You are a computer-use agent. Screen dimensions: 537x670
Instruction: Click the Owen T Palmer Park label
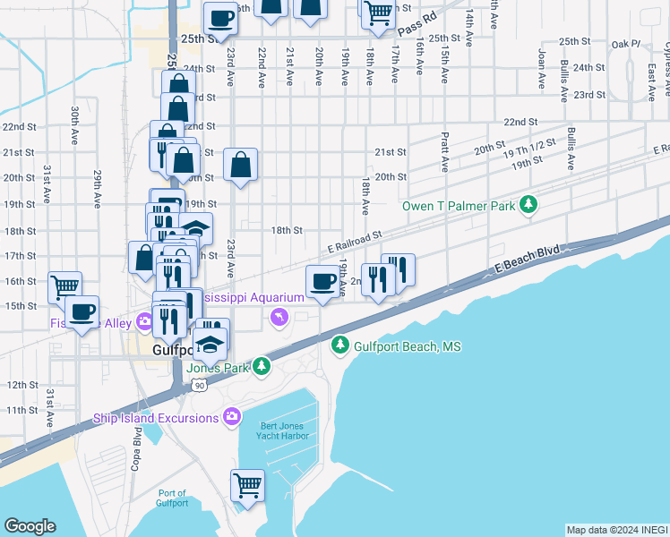coord(459,206)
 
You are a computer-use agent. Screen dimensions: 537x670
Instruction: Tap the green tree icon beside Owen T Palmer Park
coord(529,205)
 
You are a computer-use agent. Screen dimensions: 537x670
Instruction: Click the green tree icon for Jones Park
coord(261,365)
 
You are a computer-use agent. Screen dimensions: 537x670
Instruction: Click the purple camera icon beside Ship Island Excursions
coord(232,417)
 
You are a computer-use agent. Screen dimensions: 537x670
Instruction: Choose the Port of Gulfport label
coord(172,498)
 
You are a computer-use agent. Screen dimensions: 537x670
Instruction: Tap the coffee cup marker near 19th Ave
coord(323,281)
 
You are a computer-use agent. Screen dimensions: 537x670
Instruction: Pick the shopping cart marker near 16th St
coord(64,287)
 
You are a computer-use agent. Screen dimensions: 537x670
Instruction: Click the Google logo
coord(30,526)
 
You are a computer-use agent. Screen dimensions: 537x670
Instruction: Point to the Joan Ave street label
coord(541,69)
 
